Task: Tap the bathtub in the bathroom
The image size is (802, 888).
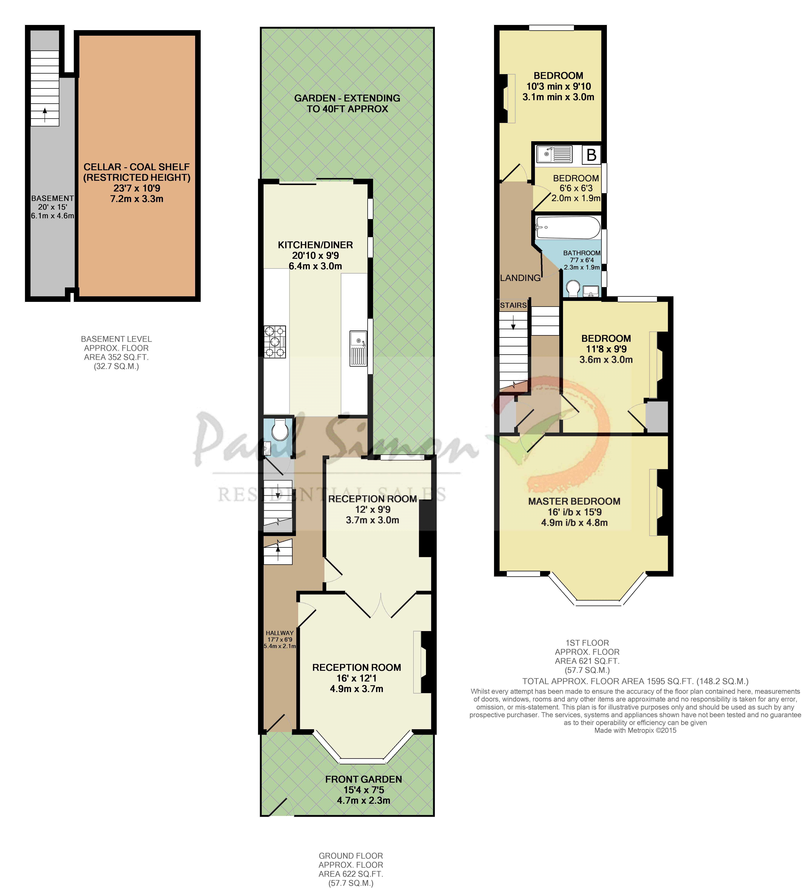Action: (568, 227)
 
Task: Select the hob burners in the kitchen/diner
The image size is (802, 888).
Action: (275, 341)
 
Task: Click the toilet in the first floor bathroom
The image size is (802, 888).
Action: (573, 289)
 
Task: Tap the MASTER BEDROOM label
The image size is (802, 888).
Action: (574, 501)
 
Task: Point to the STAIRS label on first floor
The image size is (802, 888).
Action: (513, 305)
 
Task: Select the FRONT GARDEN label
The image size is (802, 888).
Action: (363, 779)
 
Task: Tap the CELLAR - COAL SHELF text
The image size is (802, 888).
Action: (137, 167)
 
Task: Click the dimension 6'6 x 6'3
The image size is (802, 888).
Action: (576, 188)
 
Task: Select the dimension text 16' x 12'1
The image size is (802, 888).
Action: (356, 678)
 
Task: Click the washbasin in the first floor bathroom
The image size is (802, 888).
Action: (590, 291)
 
